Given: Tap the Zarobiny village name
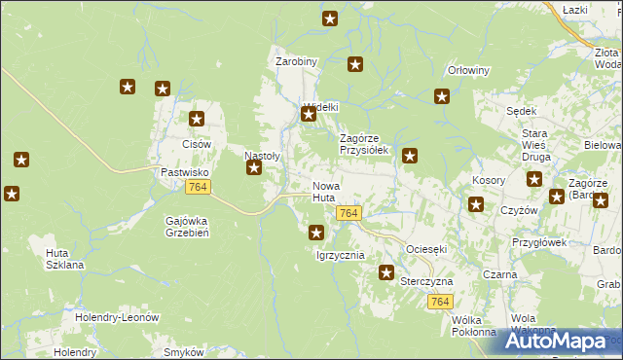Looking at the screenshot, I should coord(296,61).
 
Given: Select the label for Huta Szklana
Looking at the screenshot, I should coord(64,259).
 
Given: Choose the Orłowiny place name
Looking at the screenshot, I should coord(467,70).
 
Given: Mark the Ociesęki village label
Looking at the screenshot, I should coord(426,249).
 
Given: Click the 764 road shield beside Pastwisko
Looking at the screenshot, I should coord(198,187).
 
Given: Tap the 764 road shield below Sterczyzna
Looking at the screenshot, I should coord(439,302).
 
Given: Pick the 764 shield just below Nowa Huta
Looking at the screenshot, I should coord(349,213).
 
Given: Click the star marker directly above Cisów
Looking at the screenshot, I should coord(197,120).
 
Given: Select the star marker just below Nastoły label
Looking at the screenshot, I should coord(254,168).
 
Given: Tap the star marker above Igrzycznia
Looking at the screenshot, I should coord(316,233).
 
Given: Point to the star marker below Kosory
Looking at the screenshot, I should coord(476,204).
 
